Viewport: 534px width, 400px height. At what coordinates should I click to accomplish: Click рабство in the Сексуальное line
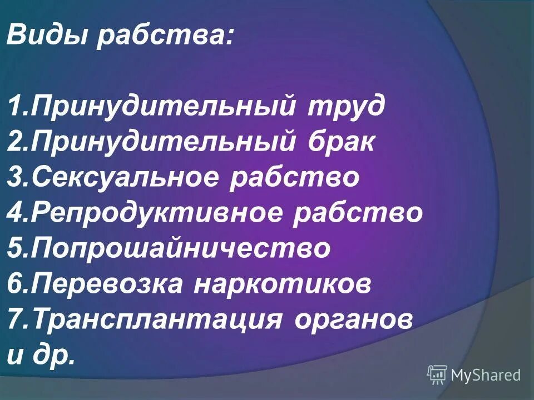(x=295, y=178)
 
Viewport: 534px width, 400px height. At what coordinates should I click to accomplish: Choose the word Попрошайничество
(x=181, y=249)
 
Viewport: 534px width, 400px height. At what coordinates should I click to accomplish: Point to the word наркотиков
(x=283, y=284)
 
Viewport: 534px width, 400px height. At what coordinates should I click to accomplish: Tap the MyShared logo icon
(x=437, y=375)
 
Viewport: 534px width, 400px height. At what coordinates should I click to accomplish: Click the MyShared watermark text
(x=486, y=376)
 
